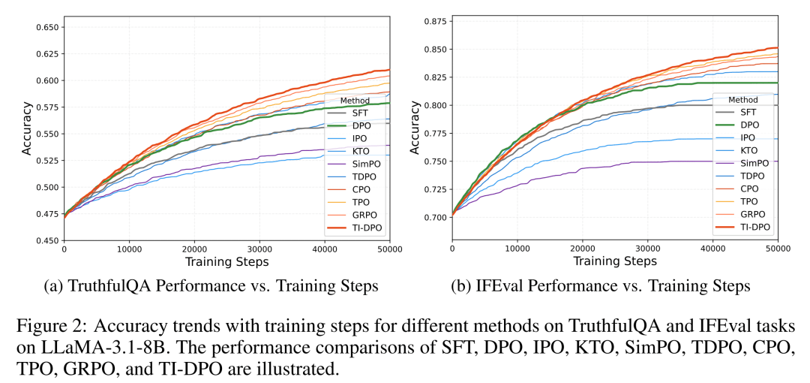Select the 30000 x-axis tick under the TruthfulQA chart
(259, 249)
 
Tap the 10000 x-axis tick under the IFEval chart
(517, 249)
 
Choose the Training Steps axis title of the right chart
(615, 262)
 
